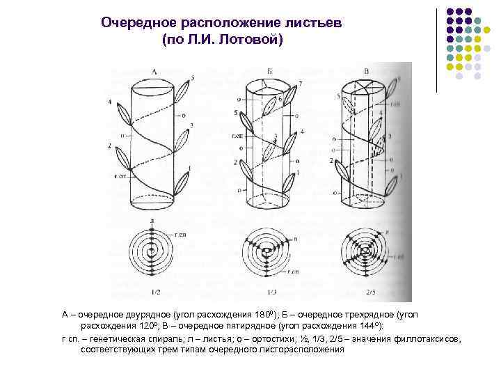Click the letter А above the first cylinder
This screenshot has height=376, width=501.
tap(154, 71)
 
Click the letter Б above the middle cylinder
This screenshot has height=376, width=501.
tap(268, 71)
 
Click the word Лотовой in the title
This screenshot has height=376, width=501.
tap(247, 40)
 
